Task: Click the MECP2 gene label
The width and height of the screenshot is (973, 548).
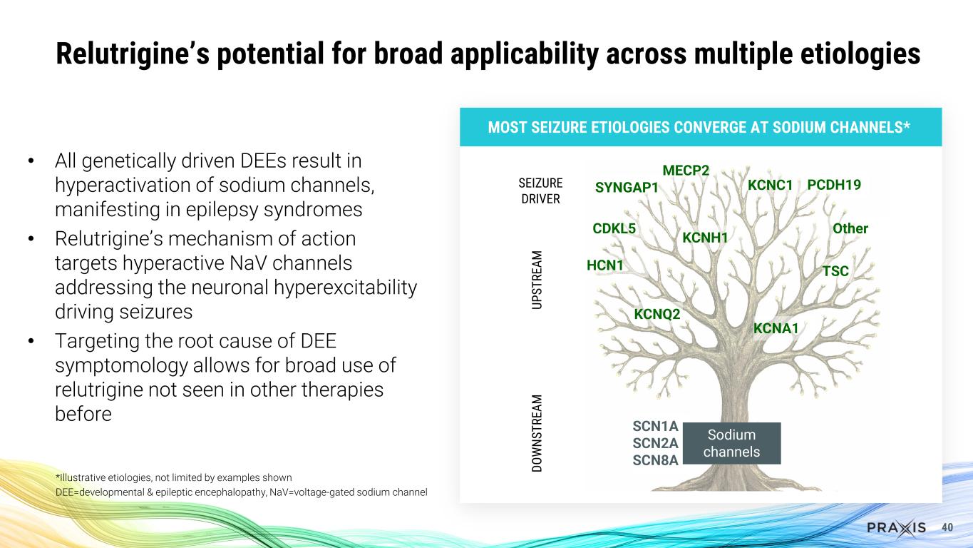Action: (x=686, y=171)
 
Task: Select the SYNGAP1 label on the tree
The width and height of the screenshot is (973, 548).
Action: (x=627, y=187)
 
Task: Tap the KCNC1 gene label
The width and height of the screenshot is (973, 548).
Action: (x=770, y=185)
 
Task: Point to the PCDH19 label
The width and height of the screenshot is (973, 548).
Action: (x=834, y=185)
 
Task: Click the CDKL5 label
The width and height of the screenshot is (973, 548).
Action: (x=614, y=229)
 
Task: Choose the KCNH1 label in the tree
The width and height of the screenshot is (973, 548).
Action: (x=704, y=237)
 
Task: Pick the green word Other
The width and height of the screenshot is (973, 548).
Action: (x=850, y=229)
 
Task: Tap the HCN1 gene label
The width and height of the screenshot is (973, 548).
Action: (x=604, y=265)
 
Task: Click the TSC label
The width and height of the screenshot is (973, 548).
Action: (x=835, y=271)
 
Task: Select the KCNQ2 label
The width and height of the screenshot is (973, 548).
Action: (x=657, y=314)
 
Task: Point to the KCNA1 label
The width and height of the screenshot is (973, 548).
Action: (x=776, y=328)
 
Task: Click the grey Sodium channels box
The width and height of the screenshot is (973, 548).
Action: (x=731, y=443)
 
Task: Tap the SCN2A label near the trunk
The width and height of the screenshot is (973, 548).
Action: (x=655, y=443)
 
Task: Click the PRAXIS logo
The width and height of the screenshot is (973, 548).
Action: (x=896, y=527)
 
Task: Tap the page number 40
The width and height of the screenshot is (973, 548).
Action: (x=947, y=527)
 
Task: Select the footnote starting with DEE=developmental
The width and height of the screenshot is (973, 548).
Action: (x=241, y=492)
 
